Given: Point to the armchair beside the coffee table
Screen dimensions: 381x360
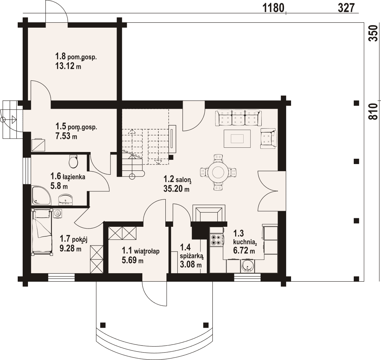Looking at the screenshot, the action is (x=268, y=139).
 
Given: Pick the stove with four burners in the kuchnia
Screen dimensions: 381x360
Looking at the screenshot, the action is (x=216, y=240).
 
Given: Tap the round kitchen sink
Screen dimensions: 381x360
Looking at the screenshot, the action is (x=248, y=267).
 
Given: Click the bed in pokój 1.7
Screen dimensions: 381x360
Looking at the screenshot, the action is (x=41, y=232).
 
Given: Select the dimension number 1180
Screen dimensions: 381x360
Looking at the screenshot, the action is (x=273, y=8).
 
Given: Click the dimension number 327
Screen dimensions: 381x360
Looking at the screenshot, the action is (x=346, y=8).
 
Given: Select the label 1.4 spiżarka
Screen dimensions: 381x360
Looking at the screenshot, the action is (x=192, y=251).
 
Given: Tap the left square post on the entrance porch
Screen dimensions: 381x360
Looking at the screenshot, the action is (x=103, y=325).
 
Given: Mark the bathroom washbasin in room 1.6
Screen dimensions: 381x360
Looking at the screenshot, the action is (x=66, y=199).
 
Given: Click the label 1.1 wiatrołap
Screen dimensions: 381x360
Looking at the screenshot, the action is (x=141, y=251).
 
